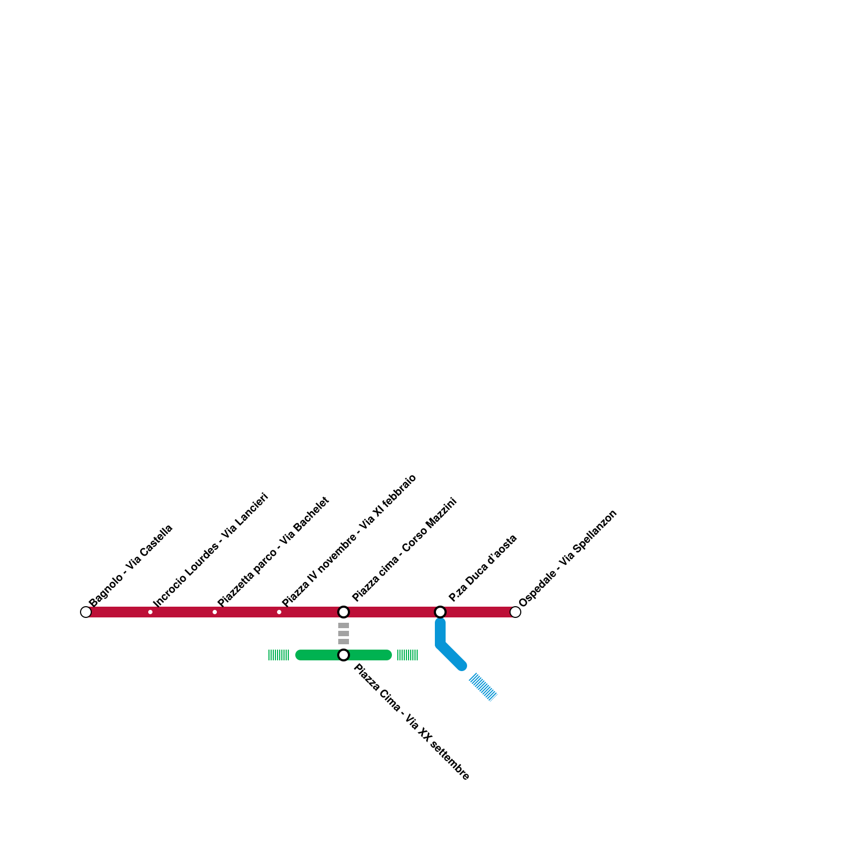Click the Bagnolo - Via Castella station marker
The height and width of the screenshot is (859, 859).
(86, 612)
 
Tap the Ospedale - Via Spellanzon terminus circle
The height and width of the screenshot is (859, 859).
(515, 612)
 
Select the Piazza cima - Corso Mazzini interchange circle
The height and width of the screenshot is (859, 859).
(344, 612)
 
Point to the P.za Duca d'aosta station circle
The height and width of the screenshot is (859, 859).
(440, 612)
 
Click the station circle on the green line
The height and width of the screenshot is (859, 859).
(344, 655)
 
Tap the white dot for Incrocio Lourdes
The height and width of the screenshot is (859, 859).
(150, 612)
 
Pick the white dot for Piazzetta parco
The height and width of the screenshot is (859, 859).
(215, 612)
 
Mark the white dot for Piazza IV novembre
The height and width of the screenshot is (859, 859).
(279, 612)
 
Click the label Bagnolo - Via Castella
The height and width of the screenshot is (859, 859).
(131, 565)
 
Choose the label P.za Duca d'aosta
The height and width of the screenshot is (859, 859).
(483, 568)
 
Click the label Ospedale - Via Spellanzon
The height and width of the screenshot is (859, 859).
(568, 558)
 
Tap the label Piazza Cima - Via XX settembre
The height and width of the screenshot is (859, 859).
(411, 722)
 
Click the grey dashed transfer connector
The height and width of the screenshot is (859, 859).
(344, 634)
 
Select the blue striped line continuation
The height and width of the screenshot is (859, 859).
(483, 687)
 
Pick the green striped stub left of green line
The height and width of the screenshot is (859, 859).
(279, 655)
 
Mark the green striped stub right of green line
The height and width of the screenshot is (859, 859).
(407, 655)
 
